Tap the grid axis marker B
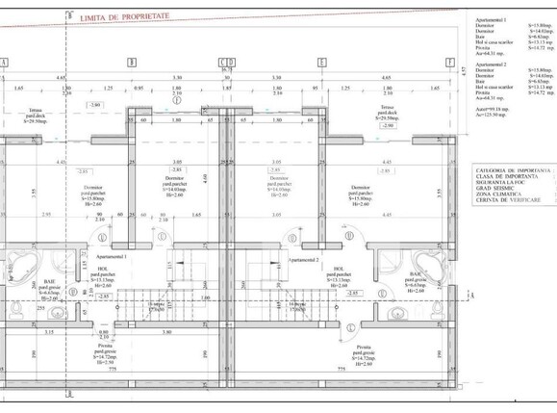pyautogui.click(x=132, y=62)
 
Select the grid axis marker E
pyautogui.click(x=320, y=62)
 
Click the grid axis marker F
pyautogui.click(x=448, y=62)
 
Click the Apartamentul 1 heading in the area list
pyautogui.click(x=495, y=22)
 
